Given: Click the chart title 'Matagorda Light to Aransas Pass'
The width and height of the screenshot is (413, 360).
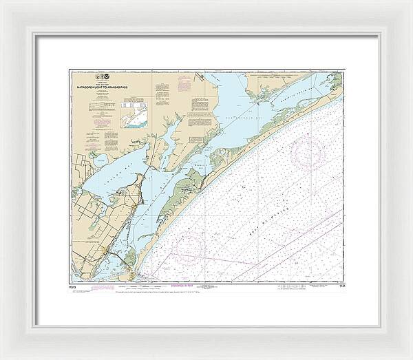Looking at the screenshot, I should coord(103,87).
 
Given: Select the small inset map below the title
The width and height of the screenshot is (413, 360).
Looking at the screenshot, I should coord(136,113).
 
